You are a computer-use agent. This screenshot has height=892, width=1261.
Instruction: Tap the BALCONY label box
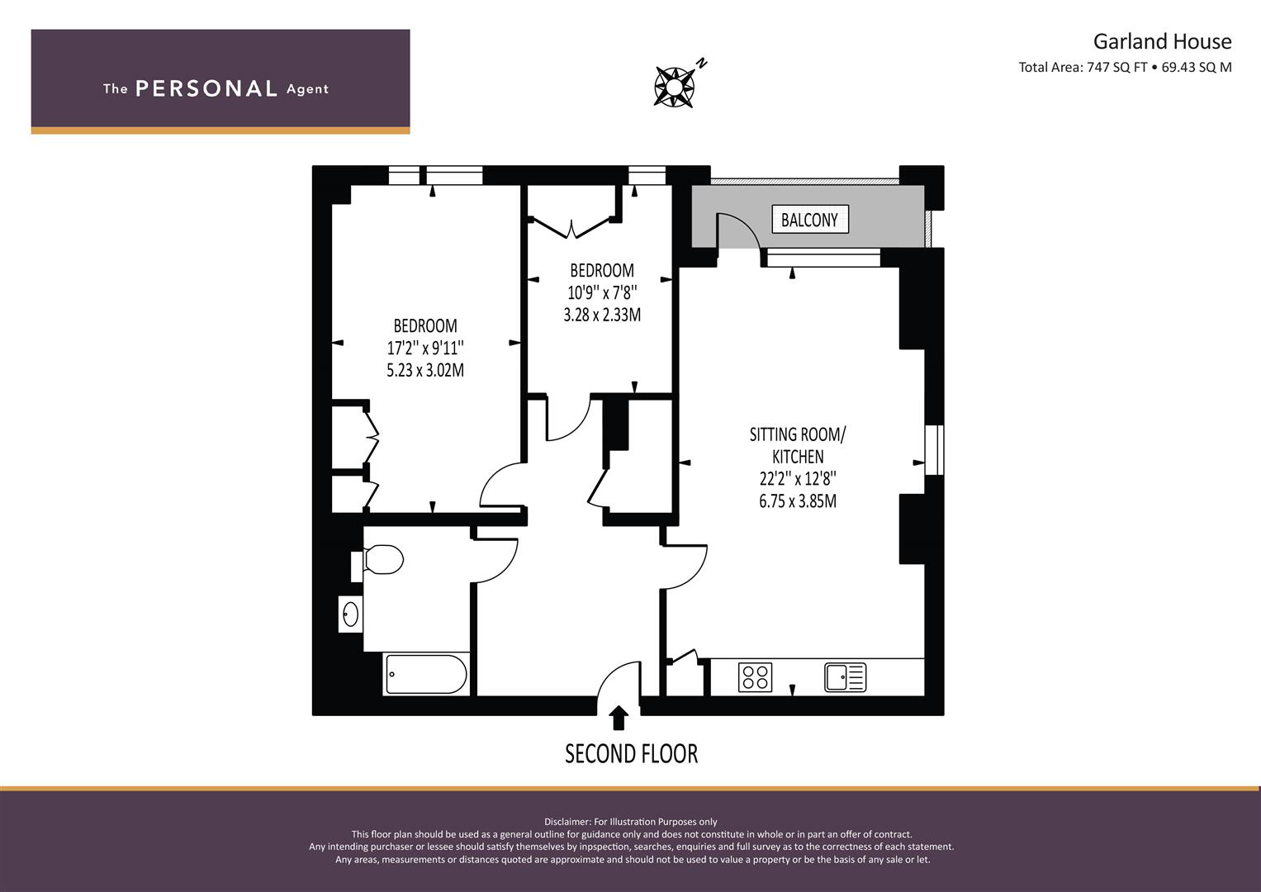pyautogui.click(x=809, y=220)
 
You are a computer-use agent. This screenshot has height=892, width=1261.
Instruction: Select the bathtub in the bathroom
pyautogui.click(x=426, y=675)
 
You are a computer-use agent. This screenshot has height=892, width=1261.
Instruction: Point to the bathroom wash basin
pyautogui.click(x=350, y=614)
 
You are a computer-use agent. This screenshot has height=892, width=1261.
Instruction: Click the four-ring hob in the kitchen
pyautogui.click(x=755, y=677)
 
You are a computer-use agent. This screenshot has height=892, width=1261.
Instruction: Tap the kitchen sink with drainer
pyautogui.click(x=845, y=677)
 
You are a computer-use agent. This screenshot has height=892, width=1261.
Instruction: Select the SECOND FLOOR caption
pyautogui.click(x=631, y=753)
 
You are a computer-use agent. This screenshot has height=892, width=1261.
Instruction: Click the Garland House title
pyautogui.click(x=1162, y=41)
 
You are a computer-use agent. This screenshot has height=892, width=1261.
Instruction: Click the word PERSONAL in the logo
pyautogui.click(x=206, y=88)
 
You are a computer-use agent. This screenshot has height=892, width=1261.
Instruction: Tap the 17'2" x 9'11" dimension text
pyautogui.click(x=425, y=348)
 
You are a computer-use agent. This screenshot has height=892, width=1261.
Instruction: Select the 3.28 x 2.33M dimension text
pyautogui.click(x=601, y=315)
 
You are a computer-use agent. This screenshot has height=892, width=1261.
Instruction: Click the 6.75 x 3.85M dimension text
pyautogui.click(x=798, y=501)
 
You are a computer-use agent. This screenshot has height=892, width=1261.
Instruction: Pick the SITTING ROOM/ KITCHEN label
pyautogui.click(x=798, y=445)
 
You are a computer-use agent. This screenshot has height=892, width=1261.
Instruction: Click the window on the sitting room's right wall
pyautogui.click(x=933, y=450)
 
